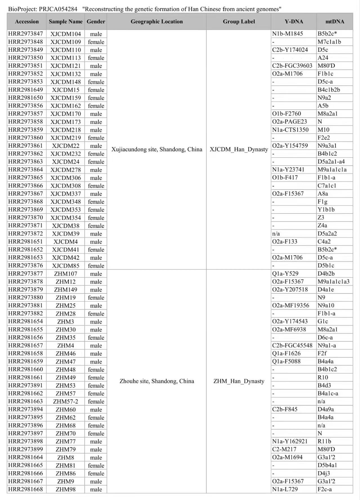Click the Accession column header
(x=27, y=22)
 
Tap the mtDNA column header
(x=335, y=22)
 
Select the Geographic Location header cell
(x=156, y=22)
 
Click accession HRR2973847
(x=26, y=34)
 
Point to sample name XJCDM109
(x=66, y=42)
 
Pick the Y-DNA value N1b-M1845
(x=287, y=34)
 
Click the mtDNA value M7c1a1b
(x=329, y=42)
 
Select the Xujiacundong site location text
(x=157, y=149)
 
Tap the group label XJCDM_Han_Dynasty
(x=239, y=149)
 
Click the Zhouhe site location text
(x=157, y=381)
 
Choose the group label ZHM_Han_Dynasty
(x=239, y=381)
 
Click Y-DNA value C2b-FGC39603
(x=292, y=66)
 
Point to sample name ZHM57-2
(x=66, y=401)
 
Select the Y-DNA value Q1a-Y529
(x=285, y=274)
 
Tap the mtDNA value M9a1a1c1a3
(x=334, y=281)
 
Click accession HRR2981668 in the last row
(x=26, y=489)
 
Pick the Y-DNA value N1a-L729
(x=285, y=489)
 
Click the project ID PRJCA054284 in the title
(x=58, y=9)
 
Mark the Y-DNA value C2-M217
(x=284, y=449)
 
